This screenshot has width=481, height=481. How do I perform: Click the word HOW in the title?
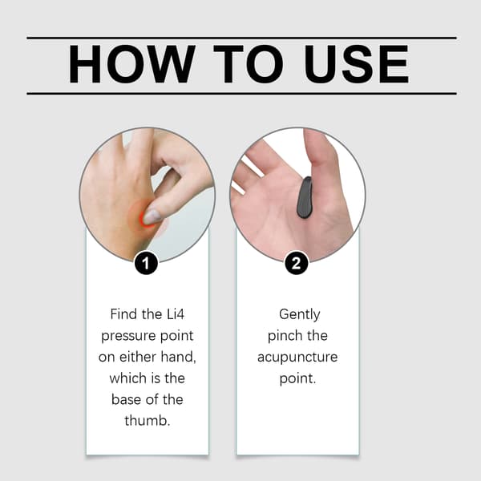coord(132,64)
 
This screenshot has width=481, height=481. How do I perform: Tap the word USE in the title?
coord(356,64)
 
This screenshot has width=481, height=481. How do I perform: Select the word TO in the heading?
coord(249,64)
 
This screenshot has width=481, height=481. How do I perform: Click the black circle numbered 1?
coord(146,263)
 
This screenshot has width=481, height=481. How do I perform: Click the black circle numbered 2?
coord(297,263)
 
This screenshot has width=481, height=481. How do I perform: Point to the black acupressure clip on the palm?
coord(305,198)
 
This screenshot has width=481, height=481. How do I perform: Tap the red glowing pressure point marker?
coord(143,218)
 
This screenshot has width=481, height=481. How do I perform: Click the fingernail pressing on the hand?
coord(152,216)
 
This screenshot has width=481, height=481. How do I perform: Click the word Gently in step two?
coord(299,315)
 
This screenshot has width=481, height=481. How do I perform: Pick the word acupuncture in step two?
coord(297,358)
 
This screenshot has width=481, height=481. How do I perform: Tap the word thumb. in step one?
coord(148,420)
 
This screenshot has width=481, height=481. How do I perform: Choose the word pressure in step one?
coord(128,337)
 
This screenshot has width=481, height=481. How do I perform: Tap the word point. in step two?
coord(297,379)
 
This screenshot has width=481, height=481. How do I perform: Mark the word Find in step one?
coord(123,314)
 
